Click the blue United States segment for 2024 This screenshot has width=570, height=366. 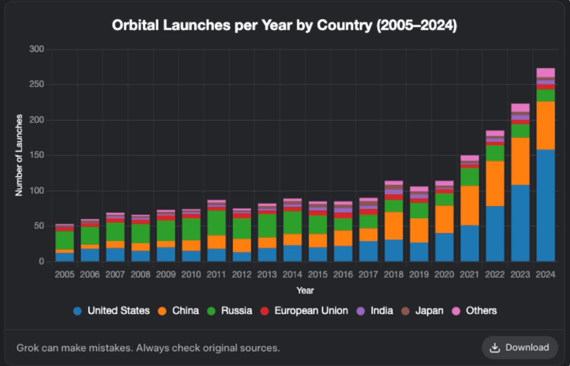[546, 205]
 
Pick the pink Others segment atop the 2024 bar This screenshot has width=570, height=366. [546, 72]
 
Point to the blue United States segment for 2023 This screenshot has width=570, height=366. [520, 223]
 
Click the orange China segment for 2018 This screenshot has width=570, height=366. [394, 226]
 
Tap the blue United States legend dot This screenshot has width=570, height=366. [79, 311]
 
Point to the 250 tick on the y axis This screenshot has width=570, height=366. [37, 85]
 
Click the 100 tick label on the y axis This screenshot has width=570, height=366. [37, 191]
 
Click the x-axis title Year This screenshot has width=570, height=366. [305, 290]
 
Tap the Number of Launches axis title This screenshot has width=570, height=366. [19, 155]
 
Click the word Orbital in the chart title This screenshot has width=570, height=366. [131, 25]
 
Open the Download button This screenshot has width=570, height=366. [520, 348]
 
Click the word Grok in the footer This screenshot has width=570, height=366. [27, 348]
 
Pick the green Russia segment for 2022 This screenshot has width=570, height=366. [495, 153]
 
